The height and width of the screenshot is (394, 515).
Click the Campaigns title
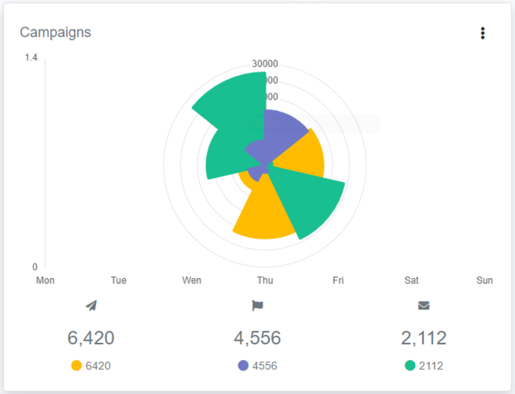tap(56, 32)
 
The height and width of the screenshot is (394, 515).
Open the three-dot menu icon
tap(482, 33)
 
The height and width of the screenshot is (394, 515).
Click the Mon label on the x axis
tap(45, 280)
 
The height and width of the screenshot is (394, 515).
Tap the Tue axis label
tap(118, 280)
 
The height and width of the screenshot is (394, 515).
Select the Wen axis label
tap(191, 280)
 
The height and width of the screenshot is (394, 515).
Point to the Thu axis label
tap(265, 280)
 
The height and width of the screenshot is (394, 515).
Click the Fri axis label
tap(338, 280)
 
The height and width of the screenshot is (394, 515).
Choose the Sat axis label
tap(411, 280)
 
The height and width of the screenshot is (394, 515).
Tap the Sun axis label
tap(484, 280)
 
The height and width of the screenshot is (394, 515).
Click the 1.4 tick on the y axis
tap(31, 58)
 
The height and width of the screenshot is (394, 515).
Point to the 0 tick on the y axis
tap(35, 266)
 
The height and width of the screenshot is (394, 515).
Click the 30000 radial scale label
tap(265, 64)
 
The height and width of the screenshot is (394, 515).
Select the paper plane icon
tap(91, 306)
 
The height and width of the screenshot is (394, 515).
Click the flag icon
tap(257, 306)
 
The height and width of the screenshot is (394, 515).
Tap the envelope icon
tap(424, 306)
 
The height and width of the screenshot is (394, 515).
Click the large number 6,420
tap(91, 338)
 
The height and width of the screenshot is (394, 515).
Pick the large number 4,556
tap(257, 338)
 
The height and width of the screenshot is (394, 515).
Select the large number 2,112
tap(424, 338)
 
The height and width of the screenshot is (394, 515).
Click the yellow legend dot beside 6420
tap(76, 366)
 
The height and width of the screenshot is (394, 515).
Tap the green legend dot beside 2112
tap(410, 366)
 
